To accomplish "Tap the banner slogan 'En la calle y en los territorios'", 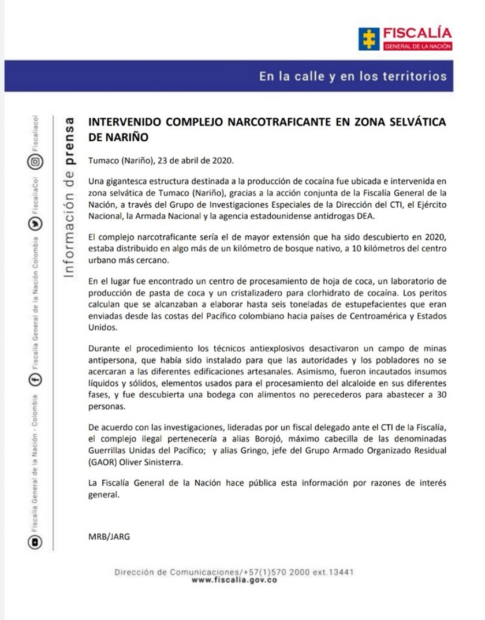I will point(352,76).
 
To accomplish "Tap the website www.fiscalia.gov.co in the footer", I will point(234,580).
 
